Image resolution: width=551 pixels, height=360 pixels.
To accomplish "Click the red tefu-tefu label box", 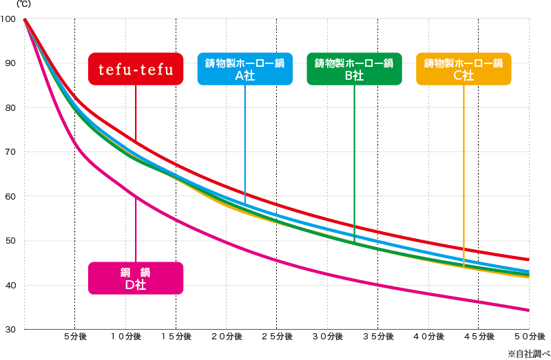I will (136, 69).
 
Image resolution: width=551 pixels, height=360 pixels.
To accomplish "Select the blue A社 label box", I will (245, 69).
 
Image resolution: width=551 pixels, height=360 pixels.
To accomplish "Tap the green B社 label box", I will (354, 69).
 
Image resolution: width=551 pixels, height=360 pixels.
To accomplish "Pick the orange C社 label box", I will (464, 69).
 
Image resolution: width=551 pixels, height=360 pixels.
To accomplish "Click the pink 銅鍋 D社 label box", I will (136, 277).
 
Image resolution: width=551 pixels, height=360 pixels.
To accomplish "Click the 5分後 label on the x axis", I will (74, 337).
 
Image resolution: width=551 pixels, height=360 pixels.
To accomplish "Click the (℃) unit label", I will (14, 5).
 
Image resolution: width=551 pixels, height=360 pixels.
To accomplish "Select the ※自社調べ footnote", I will (527, 354).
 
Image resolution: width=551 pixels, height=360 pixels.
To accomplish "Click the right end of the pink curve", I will (528, 310).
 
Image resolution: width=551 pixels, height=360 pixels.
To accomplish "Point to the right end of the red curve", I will (528, 260).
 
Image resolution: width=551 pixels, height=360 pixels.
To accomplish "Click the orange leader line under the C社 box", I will (464, 172).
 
